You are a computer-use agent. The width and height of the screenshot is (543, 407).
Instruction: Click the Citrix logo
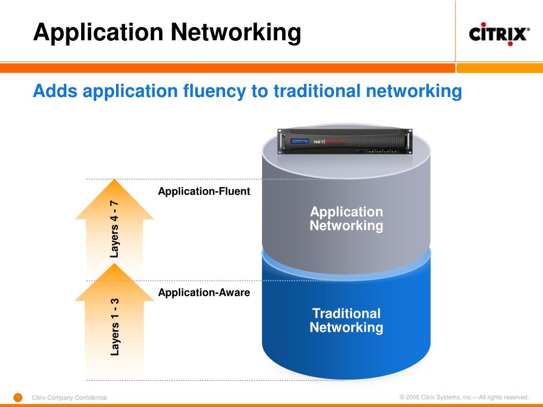click(x=499, y=35)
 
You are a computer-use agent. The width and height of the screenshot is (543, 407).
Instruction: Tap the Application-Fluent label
click(x=204, y=192)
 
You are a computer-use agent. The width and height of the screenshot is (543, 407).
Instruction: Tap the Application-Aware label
click(x=204, y=293)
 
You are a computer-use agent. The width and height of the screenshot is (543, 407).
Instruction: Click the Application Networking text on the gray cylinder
click(x=346, y=219)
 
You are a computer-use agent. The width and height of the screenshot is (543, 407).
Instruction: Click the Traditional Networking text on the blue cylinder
click(x=346, y=320)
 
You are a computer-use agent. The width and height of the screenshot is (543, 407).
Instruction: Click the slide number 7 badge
click(x=17, y=397)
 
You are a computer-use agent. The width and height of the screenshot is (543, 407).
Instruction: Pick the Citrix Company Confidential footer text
click(x=69, y=397)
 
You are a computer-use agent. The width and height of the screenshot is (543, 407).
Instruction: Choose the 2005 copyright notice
click(x=464, y=397)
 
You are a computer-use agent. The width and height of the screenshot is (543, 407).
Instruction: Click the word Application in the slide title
click(x=98, y=33)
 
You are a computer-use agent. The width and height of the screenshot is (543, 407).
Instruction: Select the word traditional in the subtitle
click(x=317, y=91)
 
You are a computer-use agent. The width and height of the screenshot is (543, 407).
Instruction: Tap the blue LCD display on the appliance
click(x=300, y=142)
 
